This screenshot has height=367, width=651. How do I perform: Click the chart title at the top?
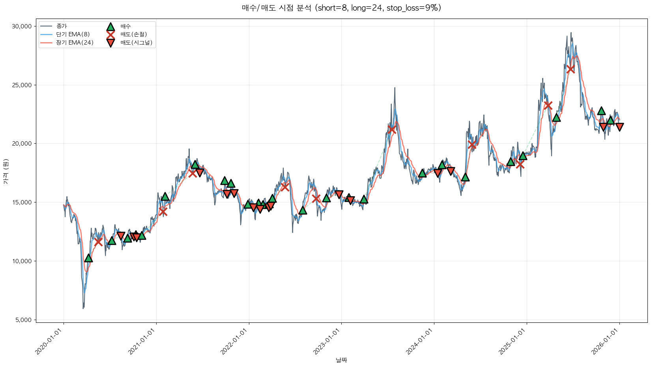pos(341,8)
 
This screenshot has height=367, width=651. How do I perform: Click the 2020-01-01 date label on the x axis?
pos(49,342)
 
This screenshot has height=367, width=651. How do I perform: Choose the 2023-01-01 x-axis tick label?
pos(327,342)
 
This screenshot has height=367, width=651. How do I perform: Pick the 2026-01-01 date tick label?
pos(605,342)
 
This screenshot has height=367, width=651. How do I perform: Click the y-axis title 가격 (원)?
pos(6,172)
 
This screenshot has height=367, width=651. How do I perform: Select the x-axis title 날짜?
pos(341,360)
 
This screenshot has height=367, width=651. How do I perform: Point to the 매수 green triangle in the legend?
pos(110,26)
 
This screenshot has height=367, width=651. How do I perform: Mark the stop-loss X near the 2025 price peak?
pos(571,69)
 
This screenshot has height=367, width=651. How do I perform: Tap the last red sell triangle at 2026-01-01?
pos(619,127)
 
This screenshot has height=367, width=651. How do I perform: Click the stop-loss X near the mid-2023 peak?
pos(391,129)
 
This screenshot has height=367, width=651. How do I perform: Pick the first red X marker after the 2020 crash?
pos(98,242)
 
